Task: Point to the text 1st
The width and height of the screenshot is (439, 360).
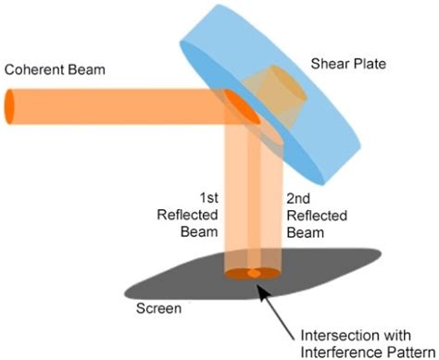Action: pyautogui.click(x=211, y=196)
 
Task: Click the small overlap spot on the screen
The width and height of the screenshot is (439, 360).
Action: pyautogui.click(x=254, y=274)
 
